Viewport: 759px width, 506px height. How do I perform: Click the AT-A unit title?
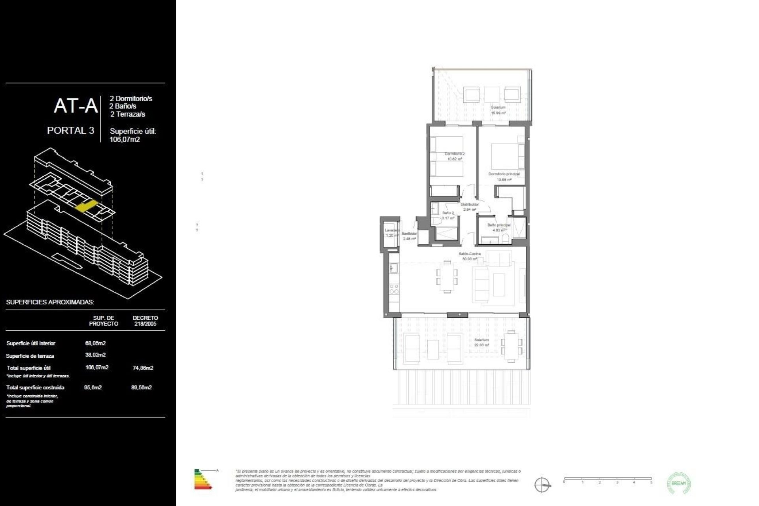click(76, 106)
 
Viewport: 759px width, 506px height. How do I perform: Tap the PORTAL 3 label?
click(71, 130)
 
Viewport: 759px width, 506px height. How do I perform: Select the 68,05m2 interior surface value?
click(95, 343)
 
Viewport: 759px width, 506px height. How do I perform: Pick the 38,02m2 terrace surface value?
click(95, 355)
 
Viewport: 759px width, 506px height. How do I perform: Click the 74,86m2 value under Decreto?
click(143, 368)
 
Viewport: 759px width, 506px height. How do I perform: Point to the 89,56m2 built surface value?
click(142, 387)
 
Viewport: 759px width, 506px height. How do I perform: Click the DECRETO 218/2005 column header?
click(145, 321)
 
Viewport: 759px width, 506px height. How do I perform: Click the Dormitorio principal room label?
click(504, 174)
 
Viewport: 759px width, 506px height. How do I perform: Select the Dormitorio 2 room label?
click(455, 154)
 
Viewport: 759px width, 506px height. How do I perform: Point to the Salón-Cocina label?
click(470, 254)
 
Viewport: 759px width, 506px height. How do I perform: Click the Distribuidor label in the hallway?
click(470, 204)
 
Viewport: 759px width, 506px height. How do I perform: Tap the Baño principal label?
click(498, 225)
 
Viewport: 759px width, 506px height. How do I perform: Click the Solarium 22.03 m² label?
click(481, 340)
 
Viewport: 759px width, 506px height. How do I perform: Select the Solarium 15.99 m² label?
click(498, 108)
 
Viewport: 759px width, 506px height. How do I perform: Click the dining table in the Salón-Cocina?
click(447, 277)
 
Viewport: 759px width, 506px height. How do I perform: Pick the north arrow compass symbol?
click(542, 484)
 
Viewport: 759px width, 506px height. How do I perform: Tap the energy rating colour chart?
click(203, 480)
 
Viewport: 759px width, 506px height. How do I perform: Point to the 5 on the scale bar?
click(651, 482)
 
